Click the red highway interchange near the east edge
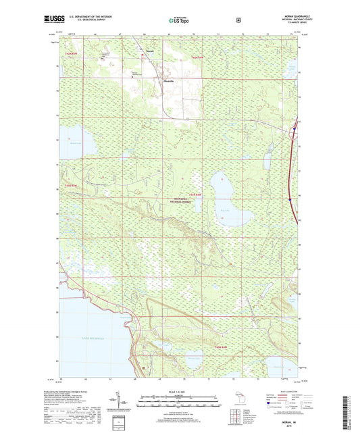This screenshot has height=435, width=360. point(294,129)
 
